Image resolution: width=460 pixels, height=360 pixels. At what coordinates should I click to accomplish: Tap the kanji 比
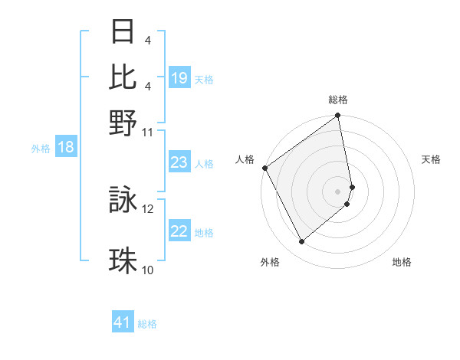pyautogui.click(x=123, y=77)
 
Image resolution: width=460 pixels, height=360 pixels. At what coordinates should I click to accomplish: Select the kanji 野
pyautogui.click(x=123, y=123)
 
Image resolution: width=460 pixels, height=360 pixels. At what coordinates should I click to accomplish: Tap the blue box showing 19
pyautogui.click(x=179, y=78)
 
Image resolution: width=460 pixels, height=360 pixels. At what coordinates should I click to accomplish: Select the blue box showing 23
pyautogui.click(x=179, y=162)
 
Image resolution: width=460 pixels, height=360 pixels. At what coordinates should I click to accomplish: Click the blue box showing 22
pyautogui.click(x=179, y=231)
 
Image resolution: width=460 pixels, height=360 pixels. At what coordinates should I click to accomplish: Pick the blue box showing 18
pyautogui.click(x=66, y=147)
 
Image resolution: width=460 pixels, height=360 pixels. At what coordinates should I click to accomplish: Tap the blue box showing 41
pyautogui.click(x=123, y=323)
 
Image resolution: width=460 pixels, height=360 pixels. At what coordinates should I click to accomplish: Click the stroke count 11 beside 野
pyautogui.click(x=148, y=131)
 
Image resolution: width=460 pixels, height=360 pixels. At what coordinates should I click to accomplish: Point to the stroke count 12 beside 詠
pyautogui.click(x=148, y=208)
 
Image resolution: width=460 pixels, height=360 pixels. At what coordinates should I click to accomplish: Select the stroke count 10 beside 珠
pyautogui.click(x=148, y=270)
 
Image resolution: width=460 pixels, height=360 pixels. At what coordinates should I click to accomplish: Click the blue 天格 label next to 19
pyautogui.click(x=204, y=79)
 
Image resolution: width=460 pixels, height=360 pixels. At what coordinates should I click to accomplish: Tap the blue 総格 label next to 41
pyautogui.click(x=147, y=324)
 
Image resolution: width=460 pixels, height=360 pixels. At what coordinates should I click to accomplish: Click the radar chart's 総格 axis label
pyautogui.click(x=338, y=100)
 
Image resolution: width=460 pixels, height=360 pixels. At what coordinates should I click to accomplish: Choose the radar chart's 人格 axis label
pyautogui.click(x=245, y=159)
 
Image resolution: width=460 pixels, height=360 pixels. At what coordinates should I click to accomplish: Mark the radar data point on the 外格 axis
pyautogui.click(x=302, y=241)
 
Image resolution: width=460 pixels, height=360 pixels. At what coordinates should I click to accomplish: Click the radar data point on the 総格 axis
pyautogui.click(x=338, y=116)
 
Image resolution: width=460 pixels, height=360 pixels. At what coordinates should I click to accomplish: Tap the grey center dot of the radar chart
pyautogui.click(x=338, y=190)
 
